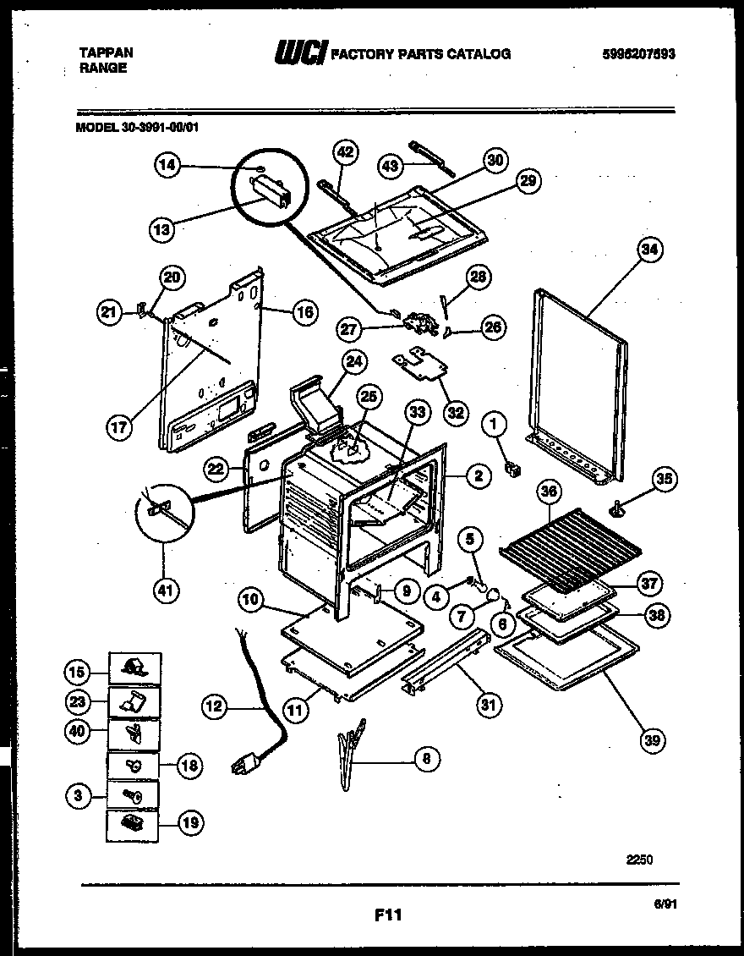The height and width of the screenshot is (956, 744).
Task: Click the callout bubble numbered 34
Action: pyautogui.click(x=649, y=250)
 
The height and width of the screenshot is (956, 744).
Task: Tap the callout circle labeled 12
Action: pyautogui.click(x=216, y=706)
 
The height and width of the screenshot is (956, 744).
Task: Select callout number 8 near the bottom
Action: pyautogui.click(x=426, y=759)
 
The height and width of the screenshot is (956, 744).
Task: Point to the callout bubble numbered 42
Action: pyautogui.click(x=345, y=152)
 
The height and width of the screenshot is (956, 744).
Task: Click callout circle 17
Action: pyautogui.click(x=120, y=427)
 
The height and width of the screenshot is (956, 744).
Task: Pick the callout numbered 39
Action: pyautogui.click(x=651, y=741)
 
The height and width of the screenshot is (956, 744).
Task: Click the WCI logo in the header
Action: pyautogui.click(x=299, y=54)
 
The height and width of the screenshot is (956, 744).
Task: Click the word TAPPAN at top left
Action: pyautogui.click(x=107, y=52)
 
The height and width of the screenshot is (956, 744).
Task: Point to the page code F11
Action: pyautogui.click(x=386, y=915)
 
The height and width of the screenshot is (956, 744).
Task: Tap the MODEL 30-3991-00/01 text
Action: pyautogui.click(x=138, y=128)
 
